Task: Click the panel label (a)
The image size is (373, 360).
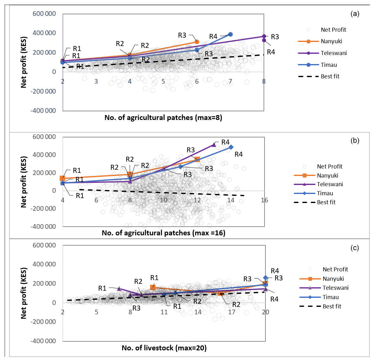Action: pyautogui.click(x=355, y=14)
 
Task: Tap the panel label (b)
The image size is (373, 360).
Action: pyautogui.click(x=355, y=141)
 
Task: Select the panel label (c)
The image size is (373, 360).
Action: pyautogui.click(x=355, y=248)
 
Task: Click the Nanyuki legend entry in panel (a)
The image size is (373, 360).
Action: pyautogui.click(x=331, y=41)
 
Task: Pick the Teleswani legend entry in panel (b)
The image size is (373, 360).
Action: pyautogui.click(x=330, y=184)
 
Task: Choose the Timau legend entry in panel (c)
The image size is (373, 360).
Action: pyautogui.click(x=330, y=297)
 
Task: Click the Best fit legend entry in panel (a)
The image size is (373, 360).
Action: pyautogui.click(x=330, y=76)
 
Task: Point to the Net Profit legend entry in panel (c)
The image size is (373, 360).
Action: pyautogui.click(x=335, y=270)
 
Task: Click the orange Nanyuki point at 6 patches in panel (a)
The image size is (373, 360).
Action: pyautogui.click(x=197, y=42)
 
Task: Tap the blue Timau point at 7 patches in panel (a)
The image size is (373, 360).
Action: pyautogui.click(x=230, y=34)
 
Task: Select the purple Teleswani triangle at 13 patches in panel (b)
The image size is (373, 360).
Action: pyautogui.click(x=214, y=145)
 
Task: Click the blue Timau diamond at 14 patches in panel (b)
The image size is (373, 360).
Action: pyautogui.click(x=231, y=147)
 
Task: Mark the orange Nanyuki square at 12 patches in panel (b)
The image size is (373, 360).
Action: pyautogui.click(x=197, y=159)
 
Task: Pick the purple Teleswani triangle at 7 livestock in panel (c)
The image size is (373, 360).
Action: pyautogui.click(x=119, y=288)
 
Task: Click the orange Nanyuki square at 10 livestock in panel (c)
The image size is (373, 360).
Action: pyautogui.click(x=153, y=288)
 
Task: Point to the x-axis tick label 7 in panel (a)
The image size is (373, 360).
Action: pyautogui.click(x=230, y=81)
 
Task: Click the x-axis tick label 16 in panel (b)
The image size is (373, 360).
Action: pyautogui.click(x=264, y=200)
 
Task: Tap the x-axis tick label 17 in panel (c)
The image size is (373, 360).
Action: pyautogui.click(x=232, y=312)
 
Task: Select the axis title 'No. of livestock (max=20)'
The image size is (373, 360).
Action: pyautogui.click(x=164, y=348)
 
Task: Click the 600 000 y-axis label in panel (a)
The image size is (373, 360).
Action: pyautogui.click(x=44, y=14)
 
